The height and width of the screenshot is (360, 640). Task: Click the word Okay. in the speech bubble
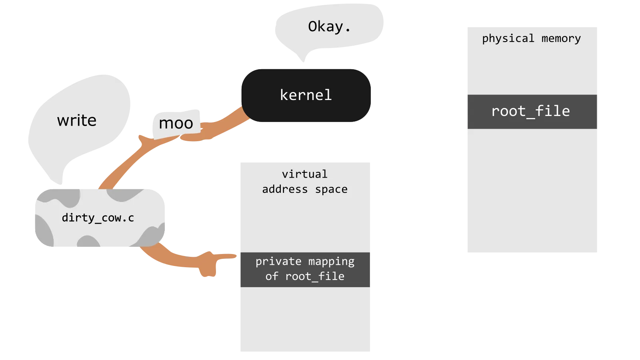(329, 27)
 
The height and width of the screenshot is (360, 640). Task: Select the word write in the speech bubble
(77, 120)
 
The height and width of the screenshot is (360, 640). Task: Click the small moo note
(176, 123)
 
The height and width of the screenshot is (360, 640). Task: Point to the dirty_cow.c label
(98, 218)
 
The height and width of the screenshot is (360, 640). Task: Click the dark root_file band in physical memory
(532, 112)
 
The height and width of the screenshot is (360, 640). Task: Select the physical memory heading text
(531, 38)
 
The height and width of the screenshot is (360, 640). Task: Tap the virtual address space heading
(305, 182)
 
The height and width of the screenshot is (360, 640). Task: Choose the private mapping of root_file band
(305, 269)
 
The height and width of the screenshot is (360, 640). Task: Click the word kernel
(306, 95)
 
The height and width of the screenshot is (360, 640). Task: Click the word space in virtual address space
(331, 189)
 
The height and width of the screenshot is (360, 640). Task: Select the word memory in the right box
(561, 38)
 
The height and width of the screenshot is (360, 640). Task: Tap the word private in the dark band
(278, 262)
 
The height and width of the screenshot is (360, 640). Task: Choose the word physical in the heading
(508, 38)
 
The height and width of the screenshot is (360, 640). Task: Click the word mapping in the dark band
(331, 262)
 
